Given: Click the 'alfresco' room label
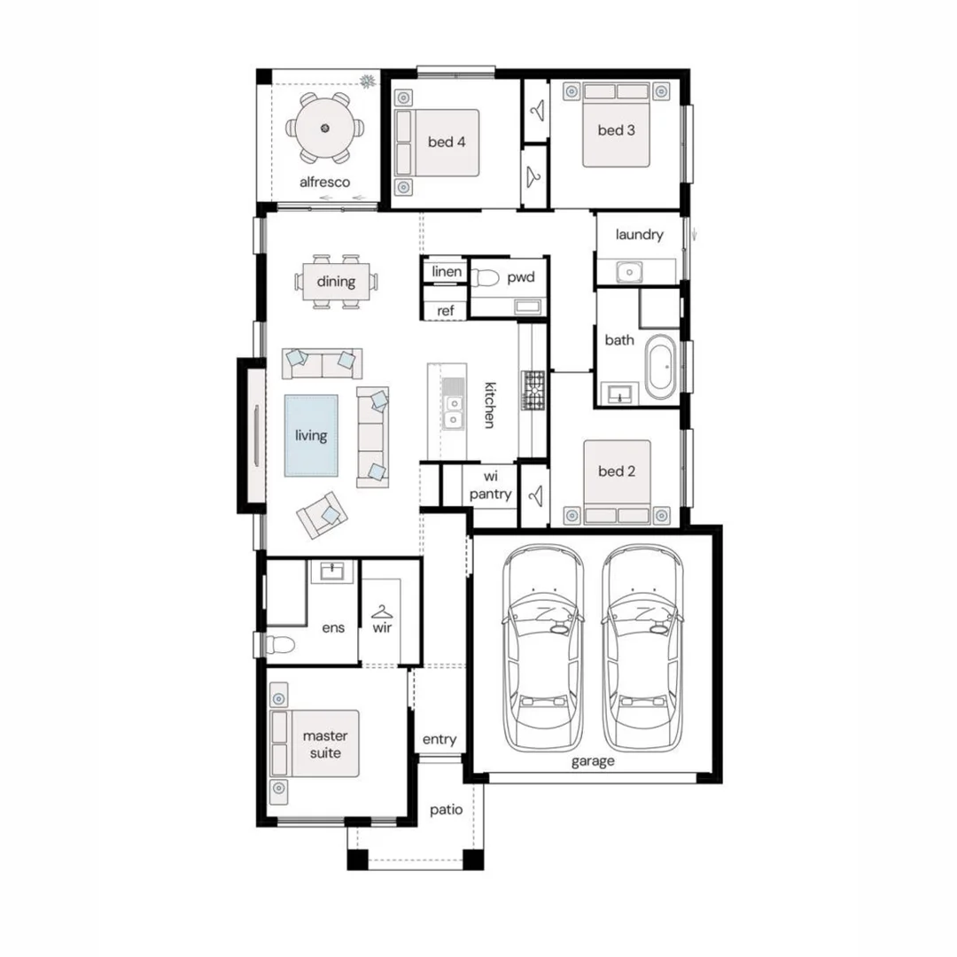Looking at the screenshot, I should click(x=324, y=183).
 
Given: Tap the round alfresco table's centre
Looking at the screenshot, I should click(x=324, y=128).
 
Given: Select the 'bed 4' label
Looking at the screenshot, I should click(x=447, y=142).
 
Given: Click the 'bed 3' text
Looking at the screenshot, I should click(x=616, y=130).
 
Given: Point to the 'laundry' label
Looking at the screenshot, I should click(x=639, y=235).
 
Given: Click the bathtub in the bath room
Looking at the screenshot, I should click(x=661, y=367).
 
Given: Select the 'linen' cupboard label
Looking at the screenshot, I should click(x=447, y=272).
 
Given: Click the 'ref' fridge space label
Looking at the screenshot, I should click(x=446, y=310).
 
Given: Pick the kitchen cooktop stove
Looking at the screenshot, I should click(x=533, y=390).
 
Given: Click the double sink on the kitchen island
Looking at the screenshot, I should click(x=453, y=410).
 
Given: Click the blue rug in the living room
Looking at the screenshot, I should click(x=311, y=436).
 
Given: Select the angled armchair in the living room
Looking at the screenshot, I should click(x=323, y=515).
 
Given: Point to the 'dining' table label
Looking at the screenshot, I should click(x=336, y=283).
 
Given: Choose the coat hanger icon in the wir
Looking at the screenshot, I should click(x=382, y=611).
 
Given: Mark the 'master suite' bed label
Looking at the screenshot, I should click(x=325, y=743).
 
